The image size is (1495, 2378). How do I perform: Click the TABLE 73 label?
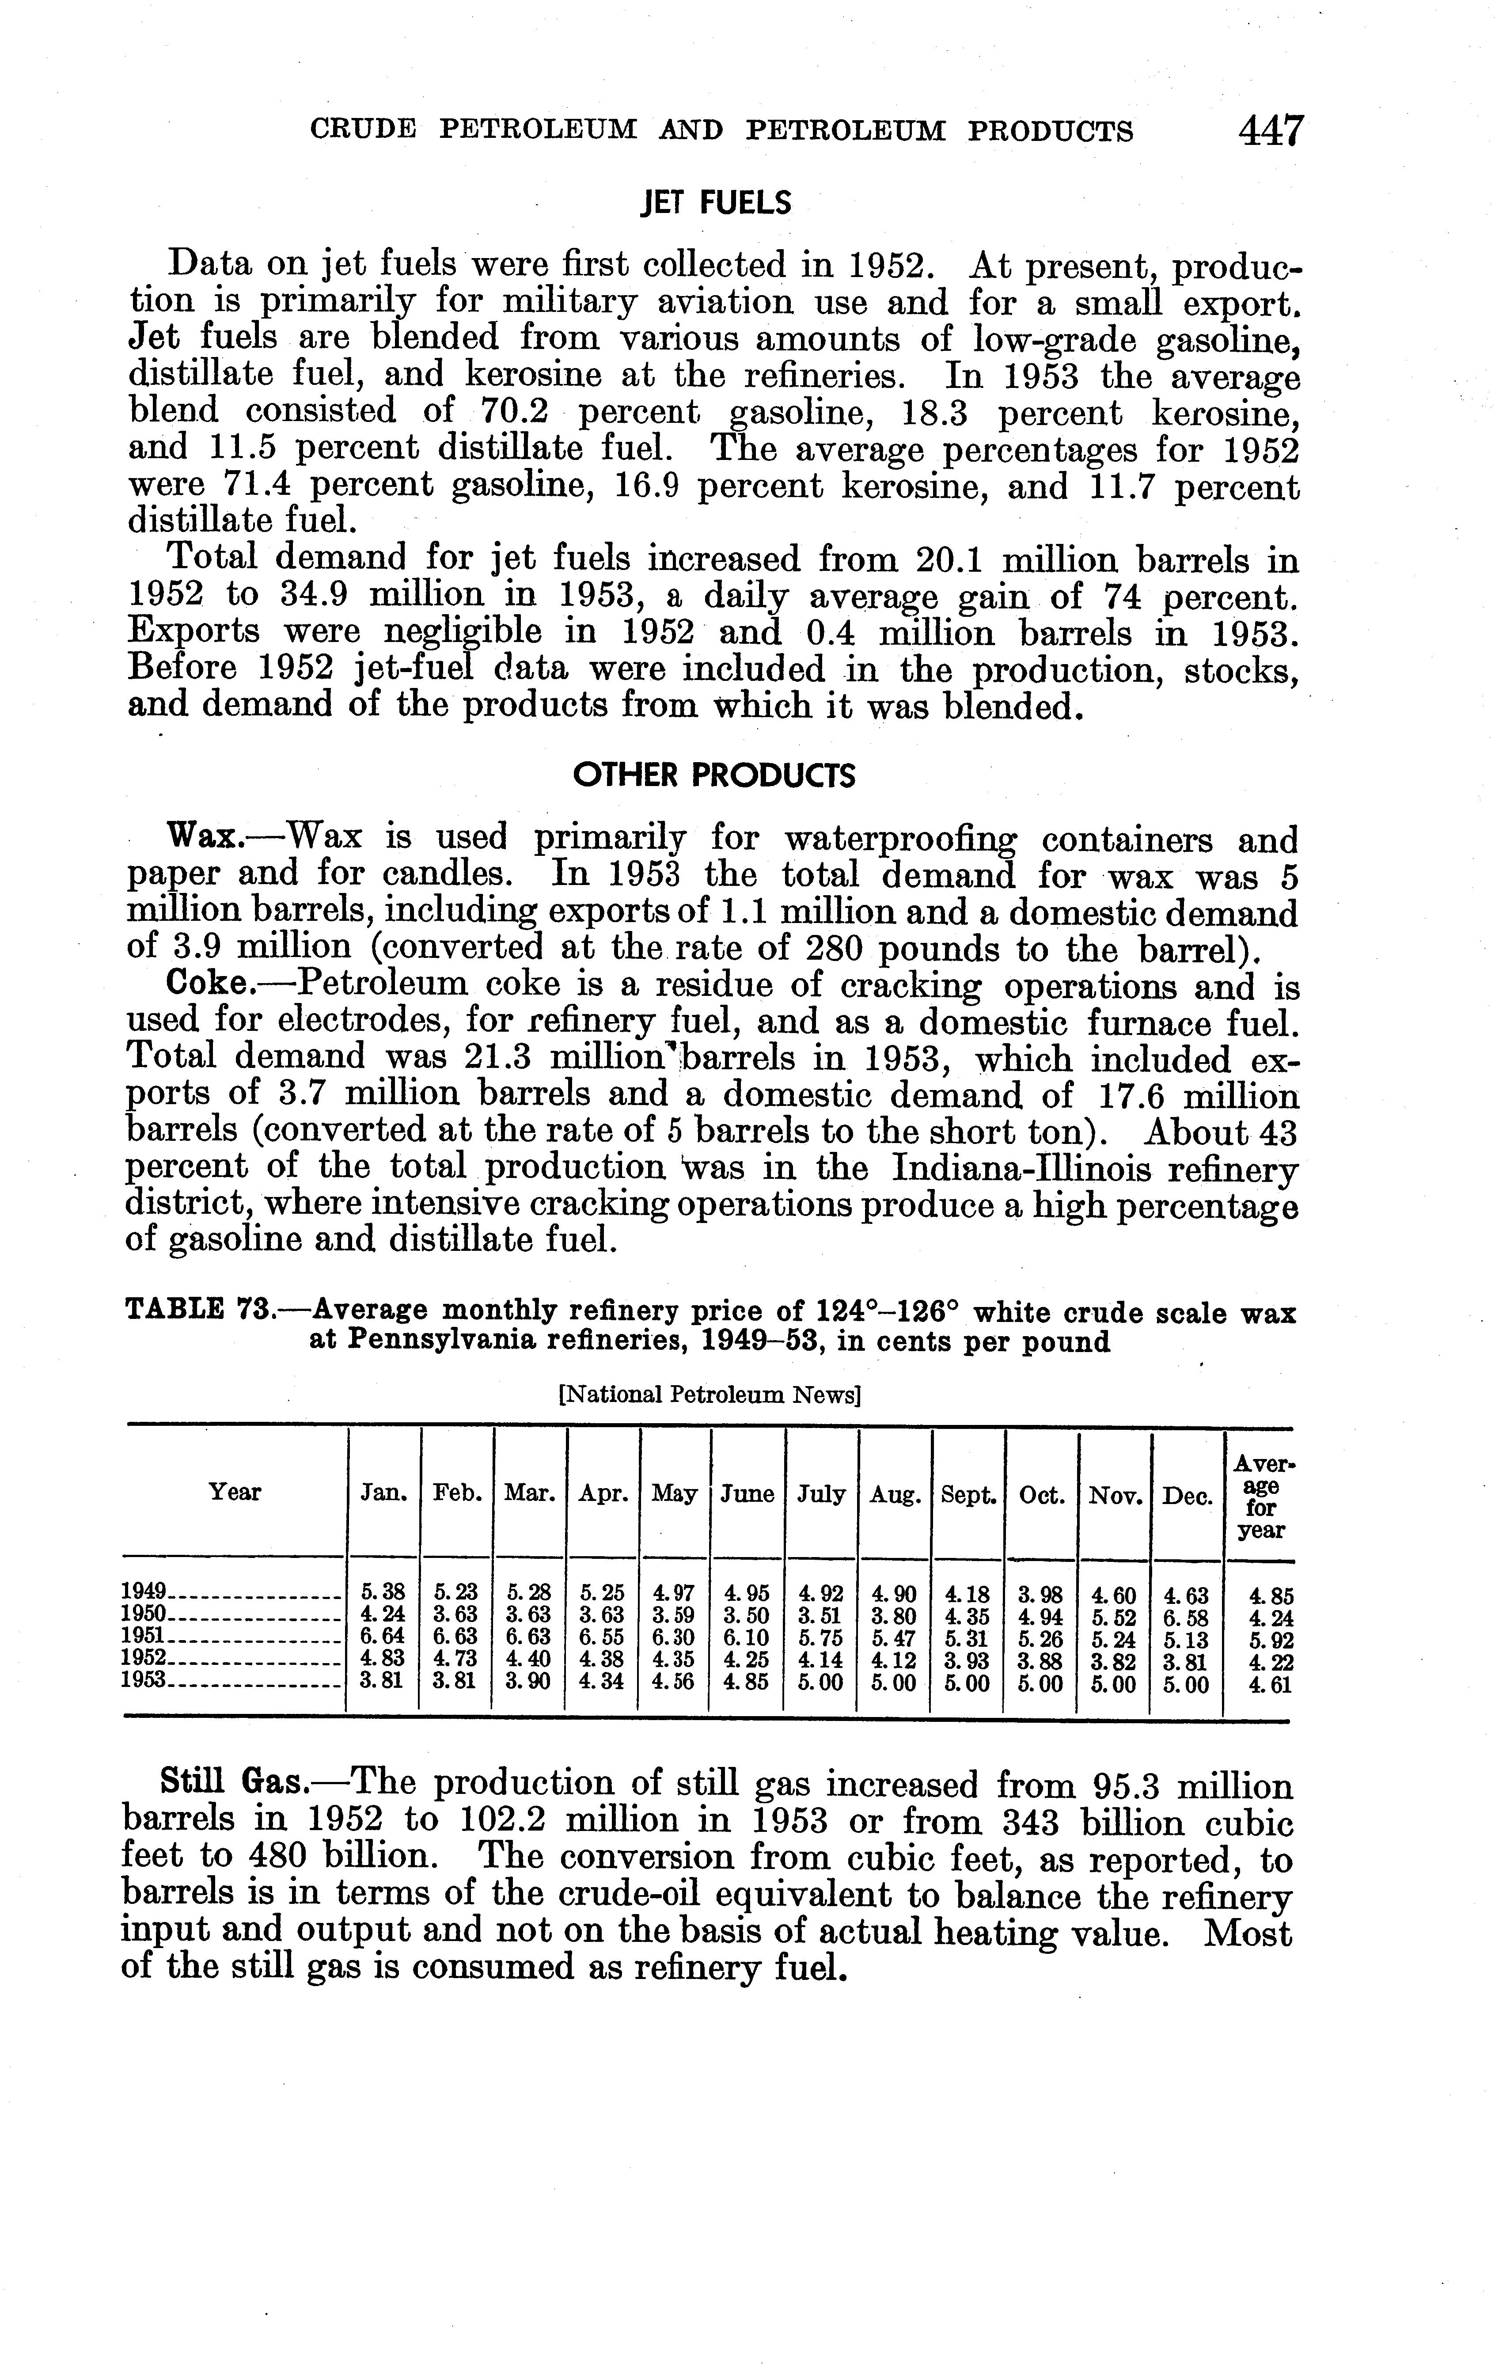[197, 1311]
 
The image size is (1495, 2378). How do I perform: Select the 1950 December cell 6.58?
[1185, 1616]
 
